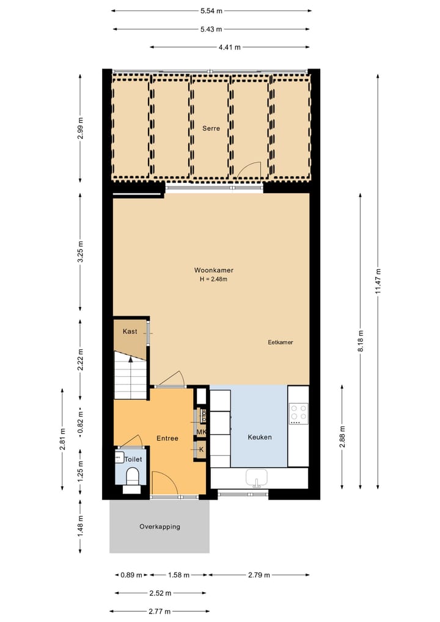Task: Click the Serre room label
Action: [211, 128]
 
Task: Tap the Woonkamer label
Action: [214, 270]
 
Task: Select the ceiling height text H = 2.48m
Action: [214, 280]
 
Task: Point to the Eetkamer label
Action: [280, 342]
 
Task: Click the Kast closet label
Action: [130, 331]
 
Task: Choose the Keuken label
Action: [259, 437]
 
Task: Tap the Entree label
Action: [167, 439]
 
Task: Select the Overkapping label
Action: [159, 527]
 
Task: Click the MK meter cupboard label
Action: [201, 432]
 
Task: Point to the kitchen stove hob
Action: [299, 414]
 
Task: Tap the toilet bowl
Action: [132, 476]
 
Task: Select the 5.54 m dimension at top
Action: [211, 10]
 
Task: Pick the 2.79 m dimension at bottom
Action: [259, 575]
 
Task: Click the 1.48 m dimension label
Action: [80, 526]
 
